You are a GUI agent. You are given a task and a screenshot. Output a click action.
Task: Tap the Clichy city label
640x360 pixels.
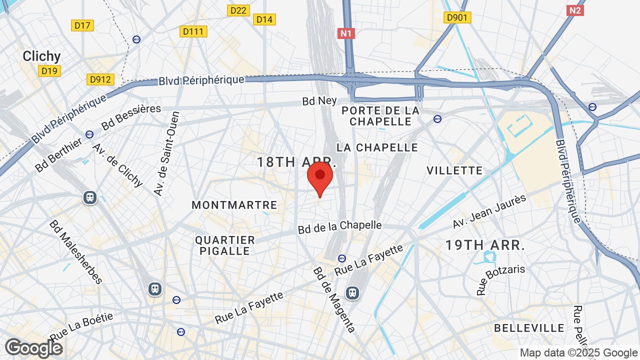[41, 56]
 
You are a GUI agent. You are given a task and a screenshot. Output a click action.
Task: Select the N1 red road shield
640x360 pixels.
[346, 33]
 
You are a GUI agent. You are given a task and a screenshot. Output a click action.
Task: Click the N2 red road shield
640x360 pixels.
[575, 10]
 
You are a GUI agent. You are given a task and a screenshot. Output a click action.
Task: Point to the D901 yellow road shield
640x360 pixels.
[457, 18]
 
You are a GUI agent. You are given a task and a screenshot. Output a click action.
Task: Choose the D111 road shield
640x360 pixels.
[193, 31]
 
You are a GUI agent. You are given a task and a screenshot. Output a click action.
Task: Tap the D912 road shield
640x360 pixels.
[100, 79]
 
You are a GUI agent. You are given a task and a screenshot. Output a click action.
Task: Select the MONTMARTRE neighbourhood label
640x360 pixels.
[234, 205]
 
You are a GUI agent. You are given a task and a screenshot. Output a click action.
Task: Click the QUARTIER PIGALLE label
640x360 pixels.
[225, 245]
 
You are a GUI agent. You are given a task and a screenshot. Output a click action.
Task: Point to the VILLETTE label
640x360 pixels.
[454, 170]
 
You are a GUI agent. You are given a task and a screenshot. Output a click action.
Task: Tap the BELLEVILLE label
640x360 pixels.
[529, 328]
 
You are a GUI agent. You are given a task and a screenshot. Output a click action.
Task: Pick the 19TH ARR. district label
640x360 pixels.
[485, 245]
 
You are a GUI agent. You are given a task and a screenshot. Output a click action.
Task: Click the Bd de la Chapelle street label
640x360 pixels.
[340, 227]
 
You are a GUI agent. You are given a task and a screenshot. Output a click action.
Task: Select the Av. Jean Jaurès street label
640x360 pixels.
[489, 211]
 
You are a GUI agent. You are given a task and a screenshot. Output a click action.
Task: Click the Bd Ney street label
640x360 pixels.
[319, 101]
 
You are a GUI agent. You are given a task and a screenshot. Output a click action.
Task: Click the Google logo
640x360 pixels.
[33, 348]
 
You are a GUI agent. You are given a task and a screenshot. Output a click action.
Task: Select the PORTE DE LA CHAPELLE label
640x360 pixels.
[381, 116]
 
